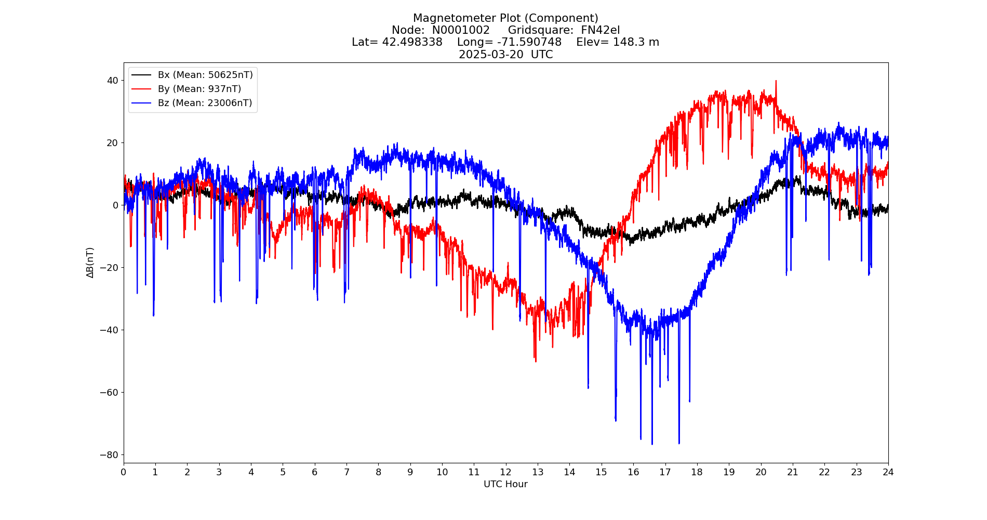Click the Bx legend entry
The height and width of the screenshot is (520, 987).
pyautogui.click(x=205, y=75)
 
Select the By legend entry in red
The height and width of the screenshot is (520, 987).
pyautogui.click(x=199, y=89)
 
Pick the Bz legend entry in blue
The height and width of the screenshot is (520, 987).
pyautogui.click(x=205, y=103)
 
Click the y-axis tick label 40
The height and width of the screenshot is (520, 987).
pyautogui.click(x=112, y=81)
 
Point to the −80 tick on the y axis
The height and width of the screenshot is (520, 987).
pyautogui.click(x=110, y=455)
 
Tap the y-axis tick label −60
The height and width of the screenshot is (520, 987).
pyautogui.click(x=110, y=393)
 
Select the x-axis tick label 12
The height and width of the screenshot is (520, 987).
pyautogui.click(x=505, y=472)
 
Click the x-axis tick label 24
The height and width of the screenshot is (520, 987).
pyautogui.click(x=888, y=472)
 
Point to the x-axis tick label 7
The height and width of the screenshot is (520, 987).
pyautogui.click(x=346, y=472)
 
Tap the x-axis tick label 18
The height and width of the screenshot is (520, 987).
pyautogui.click(x=697, y=472)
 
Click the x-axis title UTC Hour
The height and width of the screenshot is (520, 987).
pyautogui.click(x=505, y=484)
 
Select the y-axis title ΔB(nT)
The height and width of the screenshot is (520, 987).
pyautogui.click(x=90, y=263)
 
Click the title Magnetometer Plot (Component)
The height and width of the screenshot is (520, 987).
pyautogui.click(x=505, y=19)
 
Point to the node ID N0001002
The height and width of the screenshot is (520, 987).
pyautogui.click(x=461, y=31)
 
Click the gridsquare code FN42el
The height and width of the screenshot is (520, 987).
pyautogui.click(x=600, y=31)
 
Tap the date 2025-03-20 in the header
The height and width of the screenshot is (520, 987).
pyautogui.click(x=491, y=55)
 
